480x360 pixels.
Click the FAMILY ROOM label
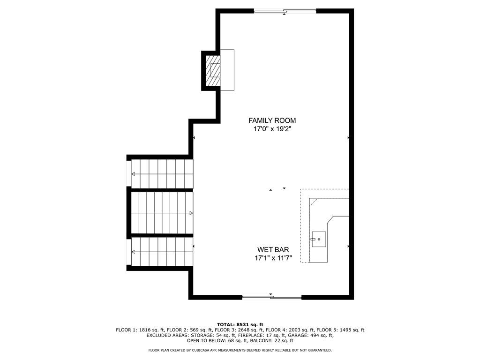point(272,120)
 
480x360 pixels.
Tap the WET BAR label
point(273,250)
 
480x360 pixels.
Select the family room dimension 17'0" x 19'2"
point(272,129)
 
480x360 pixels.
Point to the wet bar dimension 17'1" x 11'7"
point(273,258)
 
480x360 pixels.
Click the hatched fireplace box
point(213,71)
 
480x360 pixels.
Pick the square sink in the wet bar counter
point(318,239)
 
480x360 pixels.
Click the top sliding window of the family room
point(285,11)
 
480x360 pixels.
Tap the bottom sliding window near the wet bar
point(272,297)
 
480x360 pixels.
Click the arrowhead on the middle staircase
point(191,213)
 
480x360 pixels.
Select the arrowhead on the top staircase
point(134,174)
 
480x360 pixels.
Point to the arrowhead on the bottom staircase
point(134,252)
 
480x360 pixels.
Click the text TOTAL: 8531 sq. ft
point(240,324)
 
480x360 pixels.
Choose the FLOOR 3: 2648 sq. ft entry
point(239,330)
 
